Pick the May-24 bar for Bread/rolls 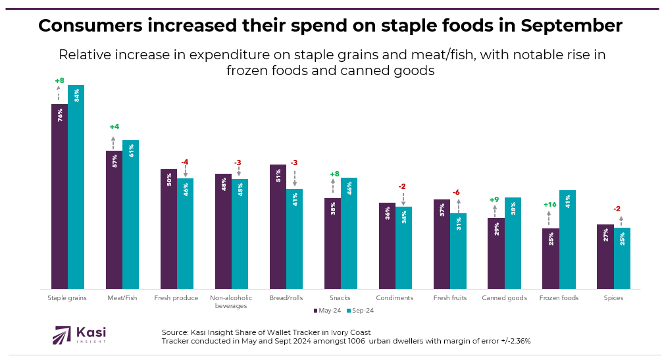pos(278,226)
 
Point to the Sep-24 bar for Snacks pos(349,233)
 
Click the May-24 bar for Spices pos(605,256)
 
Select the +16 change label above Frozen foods pos(549,205)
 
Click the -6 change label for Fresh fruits pos(455,192)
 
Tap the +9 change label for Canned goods pos(494,199)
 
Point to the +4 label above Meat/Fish pos(114,127)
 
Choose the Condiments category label pos(394,298)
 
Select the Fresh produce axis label pos(176,298)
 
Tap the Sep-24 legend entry pos(361,311)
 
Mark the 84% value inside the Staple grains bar pos(76,95)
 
